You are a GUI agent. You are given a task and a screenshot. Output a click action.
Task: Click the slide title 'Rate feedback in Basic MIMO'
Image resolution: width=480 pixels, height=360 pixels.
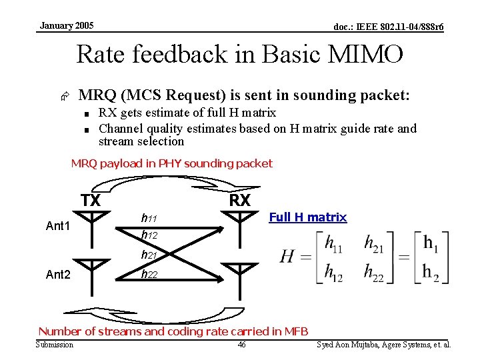click(240, 54)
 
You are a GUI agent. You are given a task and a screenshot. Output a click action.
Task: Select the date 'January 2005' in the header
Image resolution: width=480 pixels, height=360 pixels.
click(67, 26)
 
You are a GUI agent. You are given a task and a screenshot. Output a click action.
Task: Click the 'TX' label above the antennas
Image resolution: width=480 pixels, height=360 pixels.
click(91, 201)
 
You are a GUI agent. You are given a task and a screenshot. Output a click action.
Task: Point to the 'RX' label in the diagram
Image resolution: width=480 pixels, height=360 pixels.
click(239, 201)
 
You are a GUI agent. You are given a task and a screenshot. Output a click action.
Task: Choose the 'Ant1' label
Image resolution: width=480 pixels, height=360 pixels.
click(58, 227)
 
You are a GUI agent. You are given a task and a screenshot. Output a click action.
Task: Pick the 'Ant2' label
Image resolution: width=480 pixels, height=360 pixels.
click(58, 274)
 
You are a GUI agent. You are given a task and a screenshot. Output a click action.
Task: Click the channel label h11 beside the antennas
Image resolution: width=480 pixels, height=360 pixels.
click(149, 218)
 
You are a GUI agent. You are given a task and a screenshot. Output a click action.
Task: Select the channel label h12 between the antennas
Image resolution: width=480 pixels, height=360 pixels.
click(149, 235)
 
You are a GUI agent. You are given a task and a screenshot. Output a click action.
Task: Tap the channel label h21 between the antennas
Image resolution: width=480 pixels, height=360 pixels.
click(149, 255)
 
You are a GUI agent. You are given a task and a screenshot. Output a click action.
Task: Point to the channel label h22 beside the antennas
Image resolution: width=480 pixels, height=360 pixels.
click(149, 273)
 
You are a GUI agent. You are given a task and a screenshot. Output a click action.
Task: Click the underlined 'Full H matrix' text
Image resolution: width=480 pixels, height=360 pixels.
click(307, 217)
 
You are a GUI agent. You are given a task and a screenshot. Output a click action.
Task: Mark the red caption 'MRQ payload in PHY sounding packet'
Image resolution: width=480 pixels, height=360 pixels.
click(172, 163)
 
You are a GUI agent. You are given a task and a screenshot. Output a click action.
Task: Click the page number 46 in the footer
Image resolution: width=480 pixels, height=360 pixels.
click(241, 345)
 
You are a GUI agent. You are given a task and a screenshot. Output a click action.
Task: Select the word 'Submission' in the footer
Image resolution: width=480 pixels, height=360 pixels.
click(55, 345)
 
